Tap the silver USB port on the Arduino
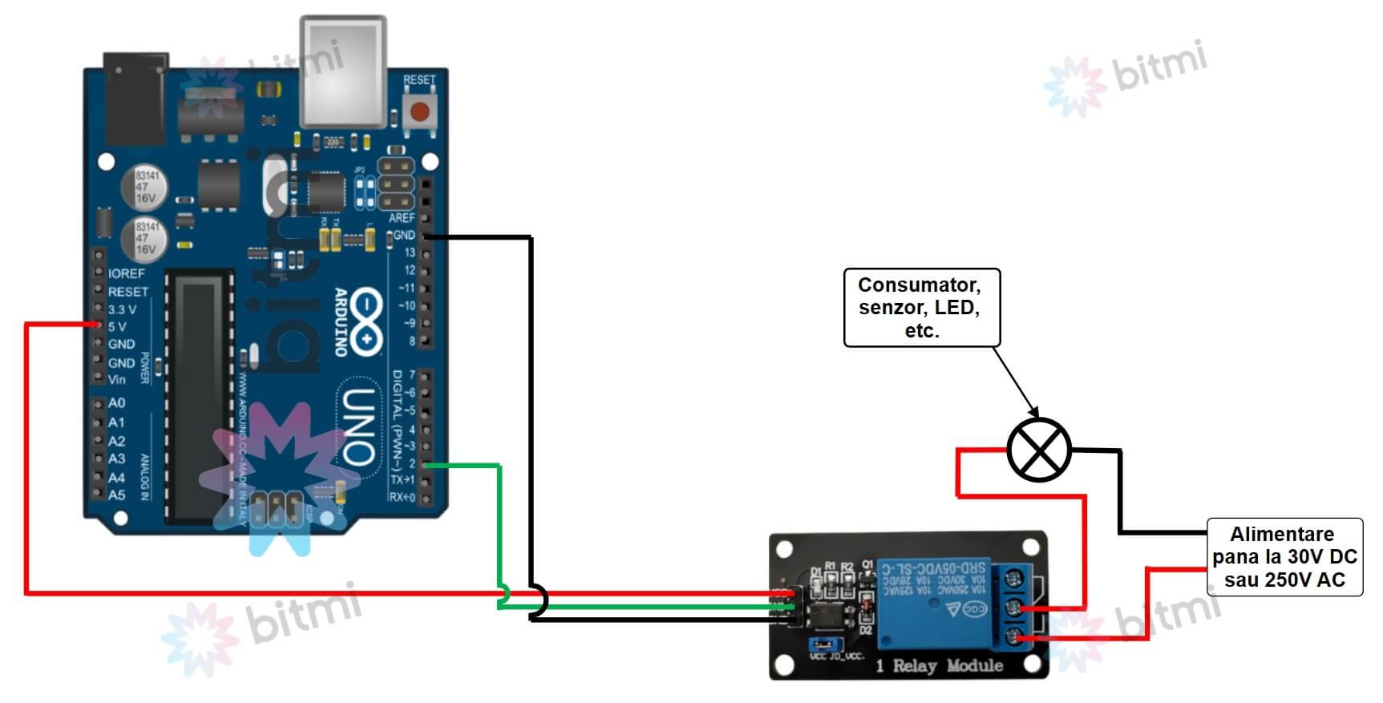[x=342, y=71]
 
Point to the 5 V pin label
[x=117, y=326]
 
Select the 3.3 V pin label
[x=122, y=309]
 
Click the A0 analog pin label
[x=117, y=402]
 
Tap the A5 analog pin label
[x=117, y=495]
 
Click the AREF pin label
[x=402, y=218]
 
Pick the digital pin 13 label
[x=409, y=253]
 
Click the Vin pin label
[x=117, y=379]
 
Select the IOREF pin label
[x=126, y=273]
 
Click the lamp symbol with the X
[x=1038, y=450]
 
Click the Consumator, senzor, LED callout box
[x=921, y=308]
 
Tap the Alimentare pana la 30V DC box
[x=1284, y=557]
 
